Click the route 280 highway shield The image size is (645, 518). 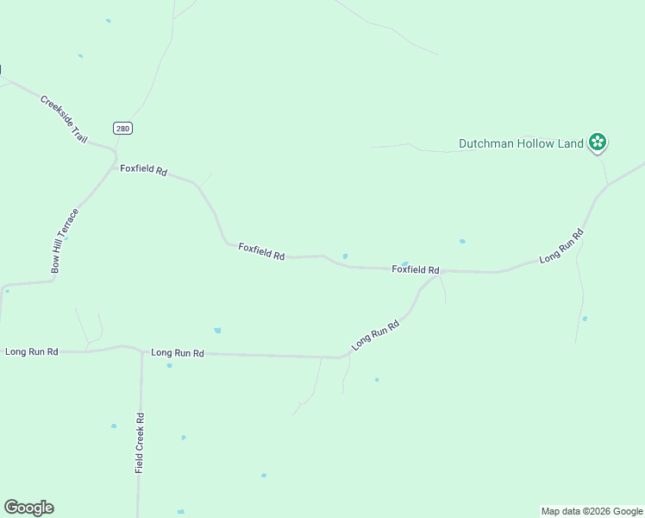point(122,128)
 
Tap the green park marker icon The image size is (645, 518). point(597,142)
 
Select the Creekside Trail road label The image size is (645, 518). point(64,120)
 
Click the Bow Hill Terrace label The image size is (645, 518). point(65,241)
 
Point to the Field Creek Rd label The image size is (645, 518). point(140,442)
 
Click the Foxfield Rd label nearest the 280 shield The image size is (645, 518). point(143,170)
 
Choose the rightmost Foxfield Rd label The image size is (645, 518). point(416,269)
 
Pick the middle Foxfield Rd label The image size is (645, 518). point(261,252)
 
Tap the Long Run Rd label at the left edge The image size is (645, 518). point(32,351)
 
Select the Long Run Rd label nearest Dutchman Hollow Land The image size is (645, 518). point(561,246)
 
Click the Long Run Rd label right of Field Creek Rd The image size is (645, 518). point(178,353)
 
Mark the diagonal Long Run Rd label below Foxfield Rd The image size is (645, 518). point(375,336)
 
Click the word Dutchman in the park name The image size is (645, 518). point(485,144)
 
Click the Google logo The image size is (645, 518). point(28,508)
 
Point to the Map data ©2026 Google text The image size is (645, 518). point(591,511)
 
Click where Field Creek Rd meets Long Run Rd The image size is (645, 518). point(141,351)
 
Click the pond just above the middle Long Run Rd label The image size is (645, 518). point(217,330)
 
